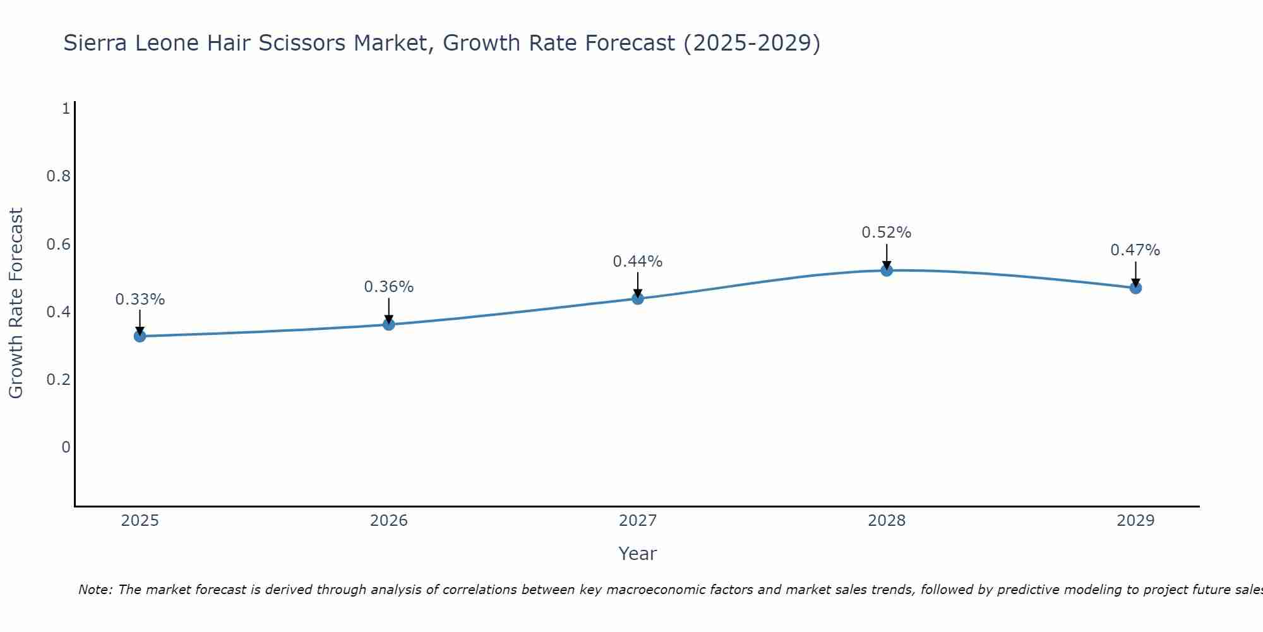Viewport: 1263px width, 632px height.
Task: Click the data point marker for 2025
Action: point(140,336)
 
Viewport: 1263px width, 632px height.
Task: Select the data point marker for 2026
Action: point(389,324)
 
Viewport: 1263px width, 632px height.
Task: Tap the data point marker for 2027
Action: point(638,298)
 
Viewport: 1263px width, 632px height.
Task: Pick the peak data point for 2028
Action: point(887,270)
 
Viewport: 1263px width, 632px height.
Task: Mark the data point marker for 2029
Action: point(1135,288)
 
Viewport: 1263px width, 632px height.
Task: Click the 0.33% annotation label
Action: point(140,300)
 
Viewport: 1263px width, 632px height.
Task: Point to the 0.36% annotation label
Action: point(389,287)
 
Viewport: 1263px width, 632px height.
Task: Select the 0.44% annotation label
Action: point(638,262)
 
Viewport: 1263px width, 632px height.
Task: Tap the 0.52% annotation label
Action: point(887,233)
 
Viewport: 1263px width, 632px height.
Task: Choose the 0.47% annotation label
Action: point(1135,250)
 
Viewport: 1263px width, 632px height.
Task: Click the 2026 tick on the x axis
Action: point(389,521)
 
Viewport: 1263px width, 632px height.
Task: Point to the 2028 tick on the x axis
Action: point(887,521)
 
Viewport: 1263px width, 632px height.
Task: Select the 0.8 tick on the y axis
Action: point(58,176)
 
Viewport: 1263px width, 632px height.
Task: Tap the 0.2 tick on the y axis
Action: point(58,380)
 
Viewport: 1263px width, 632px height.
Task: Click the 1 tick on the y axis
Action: point(65,109)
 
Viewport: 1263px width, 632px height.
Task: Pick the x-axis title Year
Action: point(638,554)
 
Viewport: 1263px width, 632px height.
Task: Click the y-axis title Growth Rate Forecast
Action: point(16,303)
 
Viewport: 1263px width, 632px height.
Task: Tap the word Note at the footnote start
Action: point(95,590)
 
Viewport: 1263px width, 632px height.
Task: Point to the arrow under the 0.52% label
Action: point(887,256)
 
